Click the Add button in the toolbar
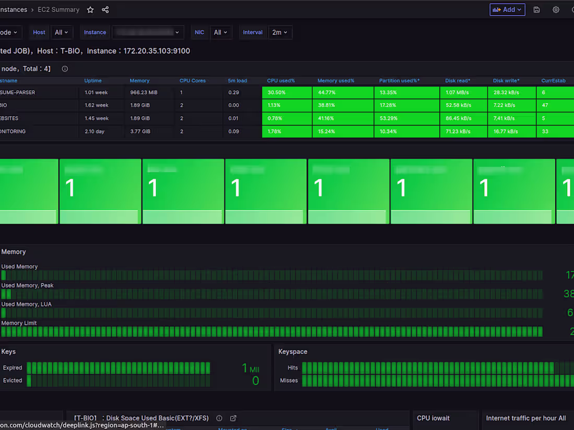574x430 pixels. (x=507, y=10)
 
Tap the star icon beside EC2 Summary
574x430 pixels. (x=90, y=10)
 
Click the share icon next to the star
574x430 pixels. (x=105, y=10)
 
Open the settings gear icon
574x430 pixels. (x=556, y=10)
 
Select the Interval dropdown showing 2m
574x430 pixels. (x=280, y=32)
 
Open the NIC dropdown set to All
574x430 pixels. (x=221, y=32)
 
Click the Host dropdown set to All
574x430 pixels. (x=62, y=32)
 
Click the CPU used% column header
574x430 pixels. (x=281, y=81)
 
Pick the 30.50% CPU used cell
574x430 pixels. (x=286, y=92)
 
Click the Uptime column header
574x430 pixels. (x=93, y=81)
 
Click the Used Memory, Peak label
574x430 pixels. (x=27, y=286)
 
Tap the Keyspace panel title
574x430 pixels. (x=293, y=352)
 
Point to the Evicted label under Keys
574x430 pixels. (x=13, y=380)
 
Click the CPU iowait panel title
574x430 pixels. (x=433, y=418)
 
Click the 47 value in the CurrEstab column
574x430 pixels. (x=545, y=105)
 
